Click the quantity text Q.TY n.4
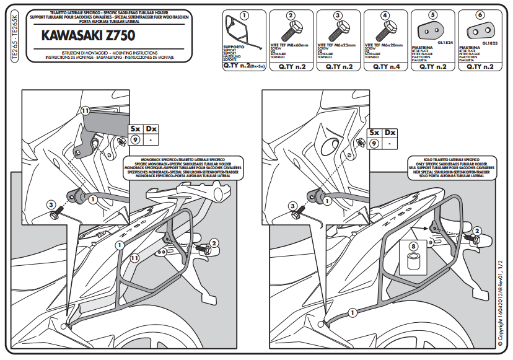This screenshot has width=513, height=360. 384,66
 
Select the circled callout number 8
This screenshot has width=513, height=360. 412,246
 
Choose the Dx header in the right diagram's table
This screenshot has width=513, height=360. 390,133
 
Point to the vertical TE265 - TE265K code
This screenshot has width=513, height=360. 15,37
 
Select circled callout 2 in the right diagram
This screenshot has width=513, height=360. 477,230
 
